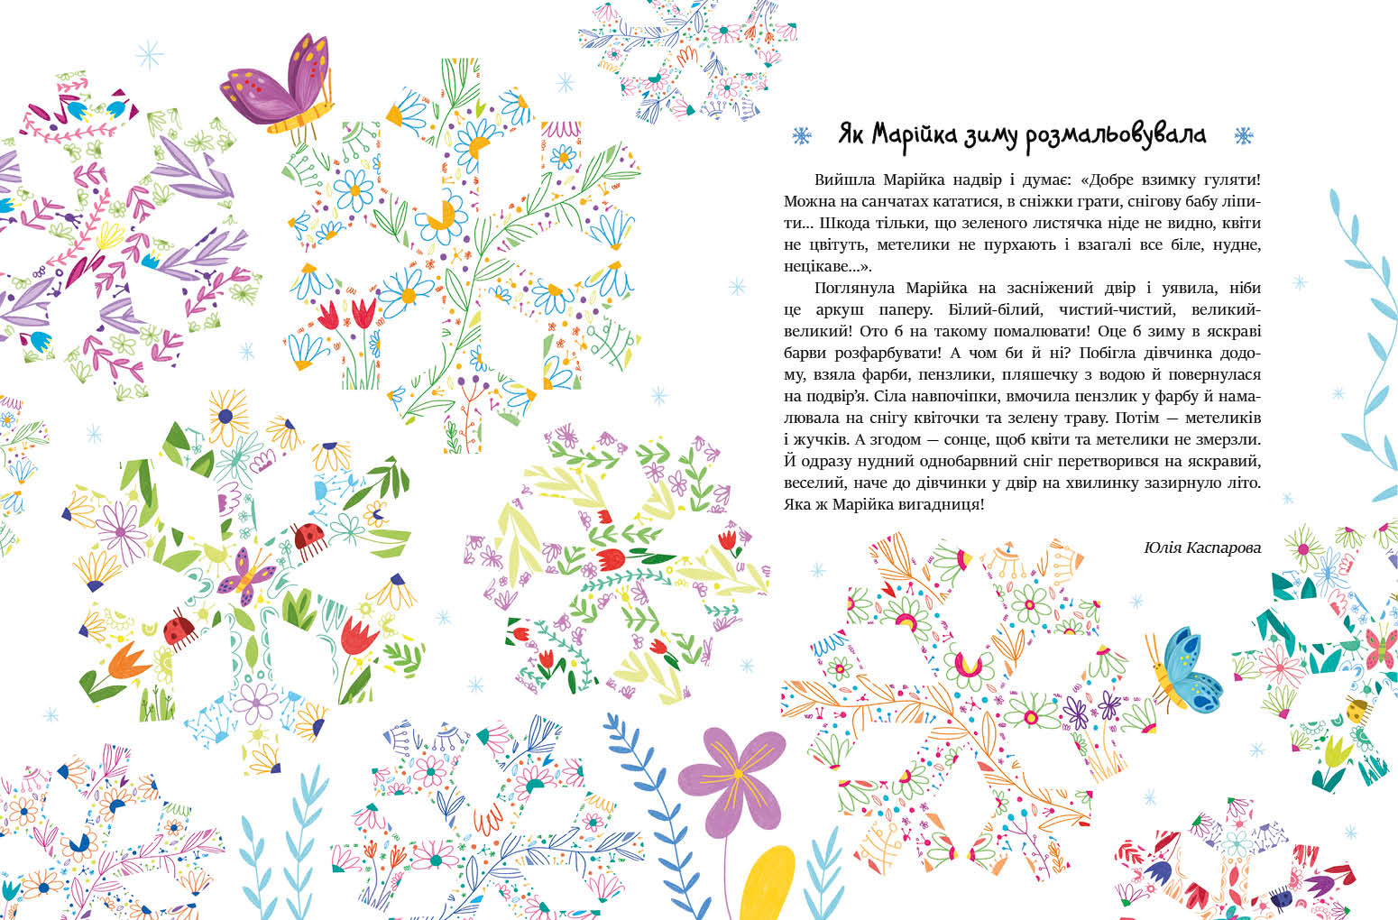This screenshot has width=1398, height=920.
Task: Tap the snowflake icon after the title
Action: (1244, 136)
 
